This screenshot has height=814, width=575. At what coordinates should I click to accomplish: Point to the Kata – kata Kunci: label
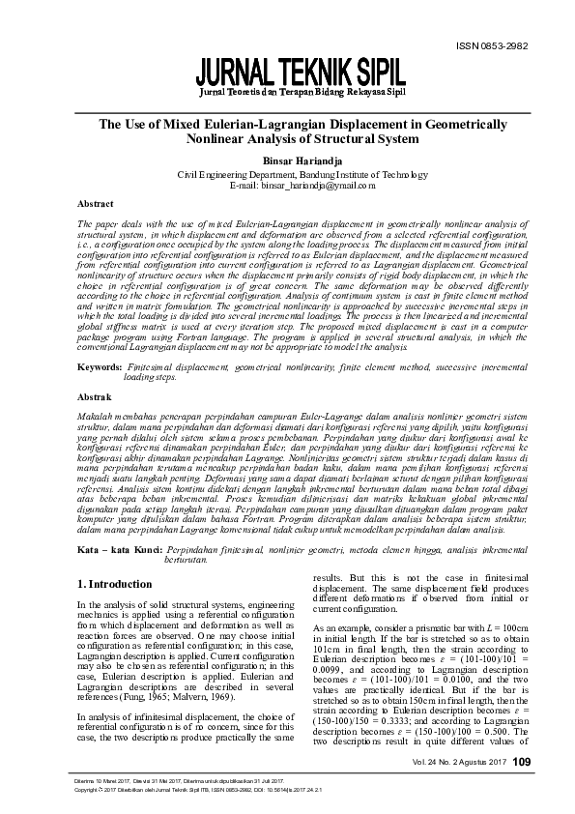(119, 549)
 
